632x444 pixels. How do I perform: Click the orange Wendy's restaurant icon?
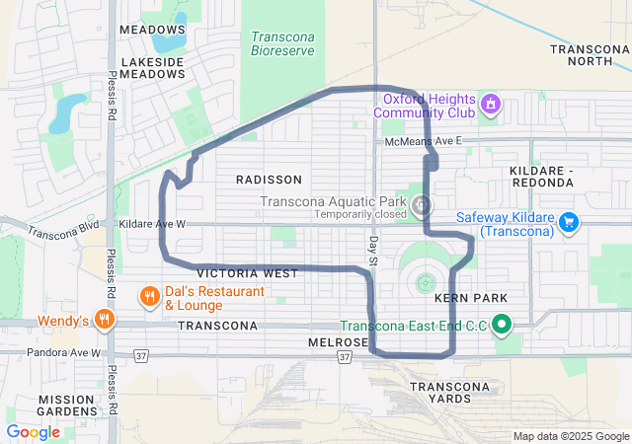point(106,320)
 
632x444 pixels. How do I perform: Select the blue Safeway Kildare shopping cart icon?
point(568,223)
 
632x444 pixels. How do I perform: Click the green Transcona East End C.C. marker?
point(502,324)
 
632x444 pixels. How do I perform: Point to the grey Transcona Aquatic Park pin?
point(422,205)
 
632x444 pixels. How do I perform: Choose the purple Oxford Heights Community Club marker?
point(490,103)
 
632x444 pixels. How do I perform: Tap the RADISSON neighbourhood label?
point(269,180)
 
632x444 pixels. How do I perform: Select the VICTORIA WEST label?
point(247,273)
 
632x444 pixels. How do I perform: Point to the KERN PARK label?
point(470,298)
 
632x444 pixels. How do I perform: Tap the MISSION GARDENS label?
point(67,406)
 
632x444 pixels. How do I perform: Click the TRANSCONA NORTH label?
point(589,54)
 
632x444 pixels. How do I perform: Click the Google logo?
point(33,432)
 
